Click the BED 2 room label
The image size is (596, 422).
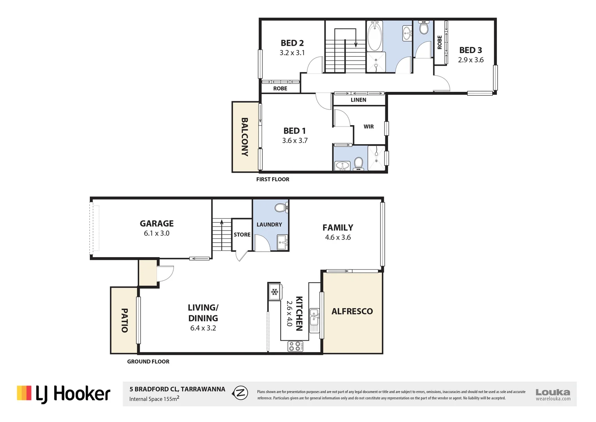(292, 43)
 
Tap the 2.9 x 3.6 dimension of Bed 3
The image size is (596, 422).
(470, 60)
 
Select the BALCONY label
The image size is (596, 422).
(245, 137)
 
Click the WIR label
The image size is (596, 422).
(369, 127)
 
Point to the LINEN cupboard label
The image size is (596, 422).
(358, 100)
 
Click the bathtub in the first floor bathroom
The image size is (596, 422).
(375, 36)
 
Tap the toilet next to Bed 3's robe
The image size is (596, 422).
(424, 28)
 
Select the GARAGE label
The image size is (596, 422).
(157, 224)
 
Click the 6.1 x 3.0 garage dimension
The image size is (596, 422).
(157, 233)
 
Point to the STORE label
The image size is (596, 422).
(242, 235)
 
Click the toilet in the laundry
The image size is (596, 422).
(280, 207)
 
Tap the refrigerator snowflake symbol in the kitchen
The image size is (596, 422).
(275, 292)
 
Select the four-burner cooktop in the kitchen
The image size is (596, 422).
(295, 346)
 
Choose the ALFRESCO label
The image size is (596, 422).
(352, 311)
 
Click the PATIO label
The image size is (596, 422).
(124, 320)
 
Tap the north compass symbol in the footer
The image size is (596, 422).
(240, 393)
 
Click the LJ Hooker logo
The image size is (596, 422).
(64, 394)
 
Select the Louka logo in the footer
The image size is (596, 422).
(553, 394)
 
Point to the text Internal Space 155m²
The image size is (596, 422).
(154, 399)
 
